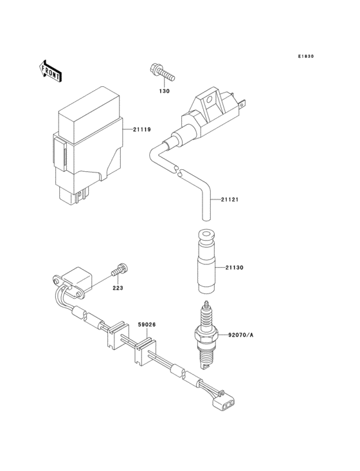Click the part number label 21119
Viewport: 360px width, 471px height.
[x=142, y=130]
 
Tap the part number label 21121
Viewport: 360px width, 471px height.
[x=230, y=199]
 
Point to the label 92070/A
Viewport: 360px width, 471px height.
[x=241, y=334]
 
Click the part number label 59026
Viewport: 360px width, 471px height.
[x=147, y=325]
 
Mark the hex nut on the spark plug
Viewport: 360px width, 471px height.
[x=206, y=335]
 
